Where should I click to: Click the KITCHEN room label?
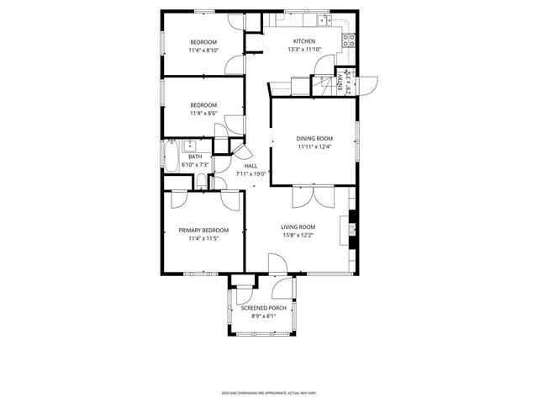tap(303, 41)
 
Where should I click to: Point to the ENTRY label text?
tap(341, 82)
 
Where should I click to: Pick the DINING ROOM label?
tap(314, 138)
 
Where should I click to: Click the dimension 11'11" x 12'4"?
tap(314, 147)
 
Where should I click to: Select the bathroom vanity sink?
tap(191, 144)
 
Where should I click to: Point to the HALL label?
tap(251, 166)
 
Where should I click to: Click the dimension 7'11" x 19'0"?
tap(251, 174)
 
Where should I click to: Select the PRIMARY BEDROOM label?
tap(203, 230)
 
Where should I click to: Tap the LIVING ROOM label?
tap(298, 226)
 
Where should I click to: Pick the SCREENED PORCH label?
tap(264, 308)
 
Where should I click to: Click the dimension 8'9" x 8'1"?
tap(264, 316)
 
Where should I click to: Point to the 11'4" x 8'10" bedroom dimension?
tap(203, 50)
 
